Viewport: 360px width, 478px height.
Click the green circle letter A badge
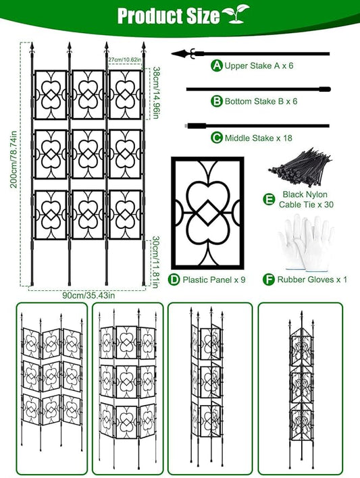click(x=217, y=65)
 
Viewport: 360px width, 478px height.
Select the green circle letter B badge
click(x=217, y=101)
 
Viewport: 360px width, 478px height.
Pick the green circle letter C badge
click(x=217, y=137)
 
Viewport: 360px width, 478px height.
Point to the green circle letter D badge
click(x=174, y=279)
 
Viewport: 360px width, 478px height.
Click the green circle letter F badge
click(x=270, y=279)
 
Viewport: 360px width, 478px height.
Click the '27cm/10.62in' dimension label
click(x=124, y=59)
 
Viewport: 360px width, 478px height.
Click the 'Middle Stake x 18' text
click(x=257, y=137)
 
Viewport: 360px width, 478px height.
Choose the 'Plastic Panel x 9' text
click(x=213, y=279)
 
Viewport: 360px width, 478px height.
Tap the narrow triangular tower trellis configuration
click(x=302, y=385)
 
